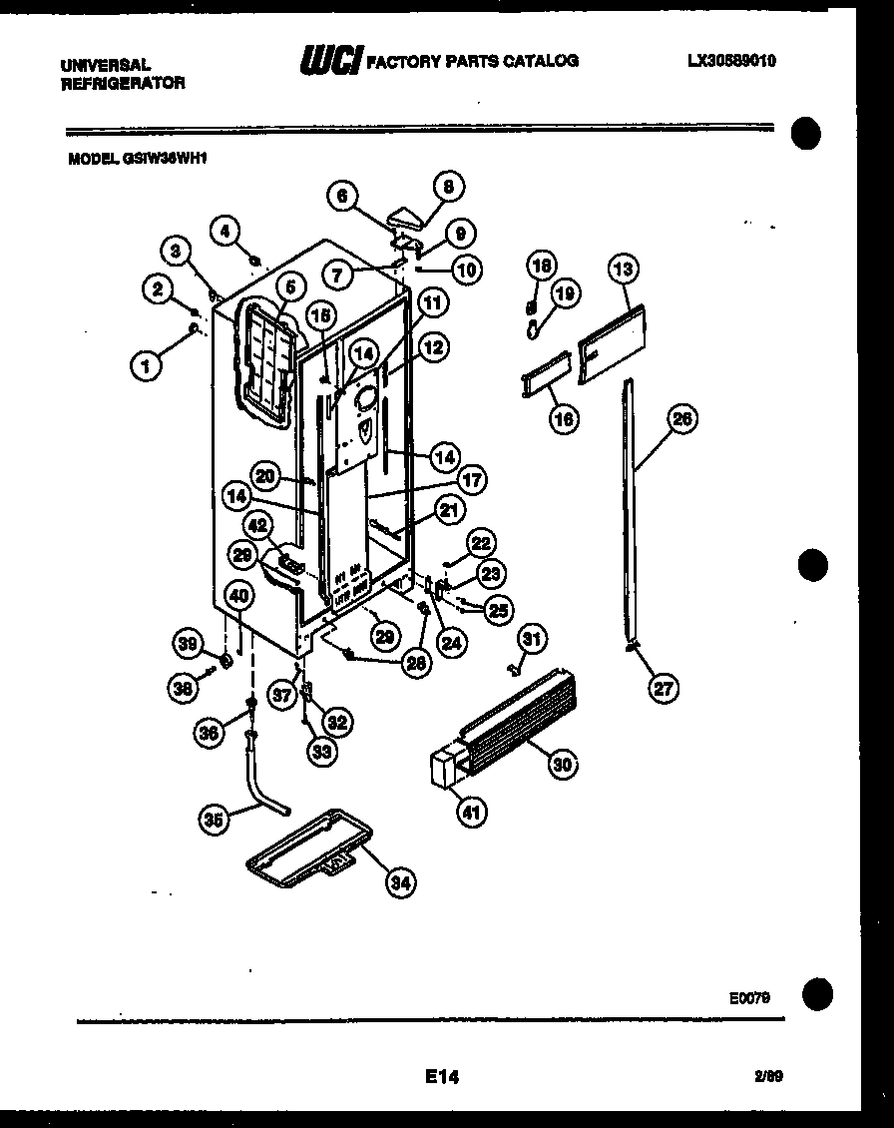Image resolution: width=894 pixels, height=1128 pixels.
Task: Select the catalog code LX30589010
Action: pos(731,61)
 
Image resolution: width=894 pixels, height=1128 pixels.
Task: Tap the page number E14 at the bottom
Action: pos(441,1076)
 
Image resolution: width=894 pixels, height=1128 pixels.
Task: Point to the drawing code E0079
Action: pos(749,996)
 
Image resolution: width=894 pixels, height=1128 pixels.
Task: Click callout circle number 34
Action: pos(399,881)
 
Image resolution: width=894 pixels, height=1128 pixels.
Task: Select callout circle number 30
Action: pos(562,764)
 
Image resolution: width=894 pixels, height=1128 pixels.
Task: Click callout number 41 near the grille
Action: pos(470,813)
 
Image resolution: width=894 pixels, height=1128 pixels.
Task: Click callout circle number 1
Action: pos(146,366)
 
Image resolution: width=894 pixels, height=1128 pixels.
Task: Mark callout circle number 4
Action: pos(224,230)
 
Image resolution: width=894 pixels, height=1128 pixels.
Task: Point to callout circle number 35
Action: pos(212,820)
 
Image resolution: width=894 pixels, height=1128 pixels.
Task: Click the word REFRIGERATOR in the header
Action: pos(123,84)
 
